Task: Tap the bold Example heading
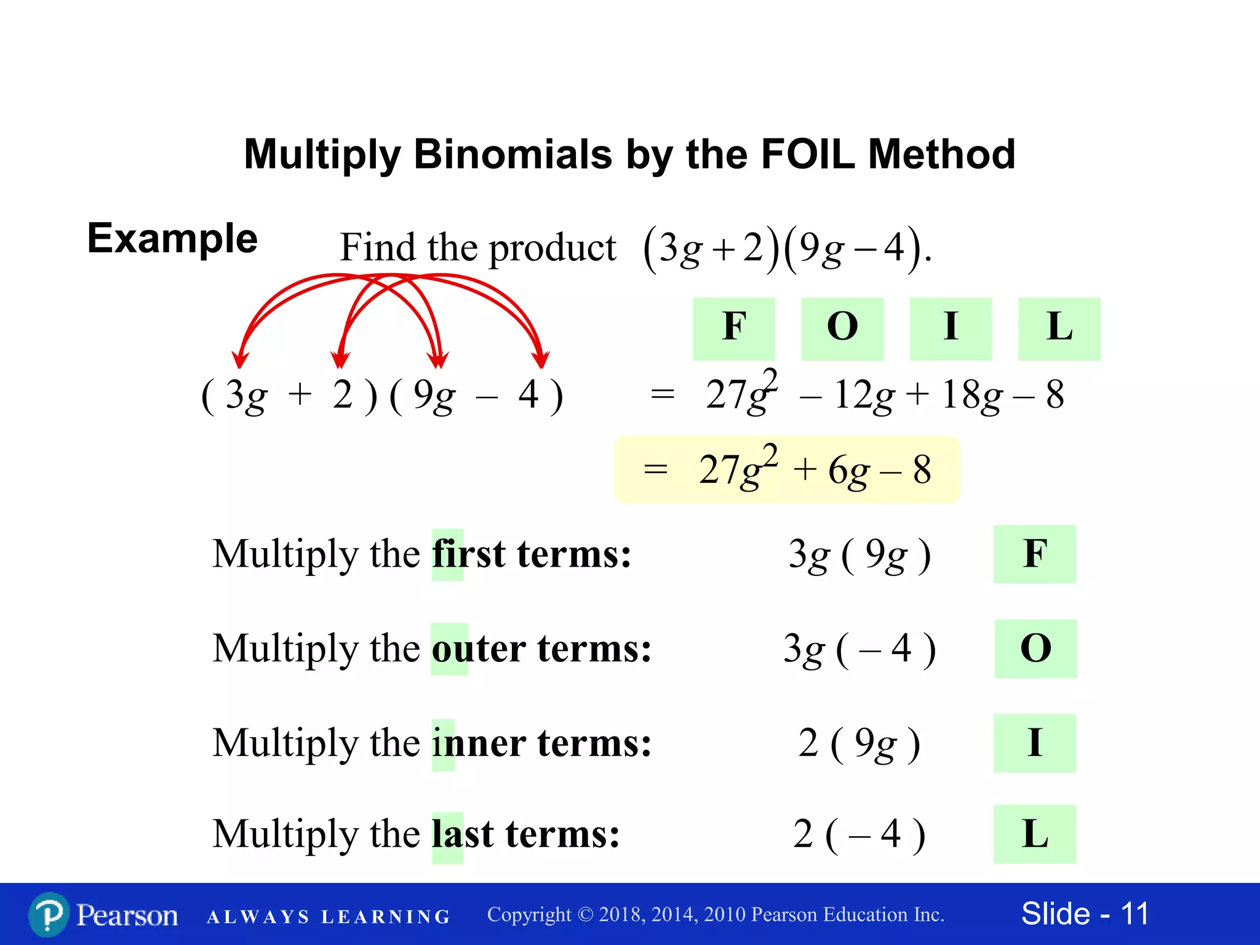click(x=172, y=239)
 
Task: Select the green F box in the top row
click(x=734, y=328)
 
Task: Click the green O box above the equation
click(x=842, y=328)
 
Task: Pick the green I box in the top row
click(x=951, y=328)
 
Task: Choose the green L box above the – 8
click(x=1059, y=328)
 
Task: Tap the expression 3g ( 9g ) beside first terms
click(x=859, y=555)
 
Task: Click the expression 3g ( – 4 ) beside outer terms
click(x=859, y=650)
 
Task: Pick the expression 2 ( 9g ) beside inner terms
click(x=859, y=743)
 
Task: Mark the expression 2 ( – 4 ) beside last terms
click(x=859, y=835)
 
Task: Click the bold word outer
click(x=479, y=650)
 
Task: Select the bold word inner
click(x=479, y=744)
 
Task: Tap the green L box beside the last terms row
click(x=1035, y=834)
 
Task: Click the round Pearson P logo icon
click(x=49, y=915)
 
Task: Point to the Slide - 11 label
click(x=1085, y=914)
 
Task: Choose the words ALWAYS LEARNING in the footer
click(x=329, y=917)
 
